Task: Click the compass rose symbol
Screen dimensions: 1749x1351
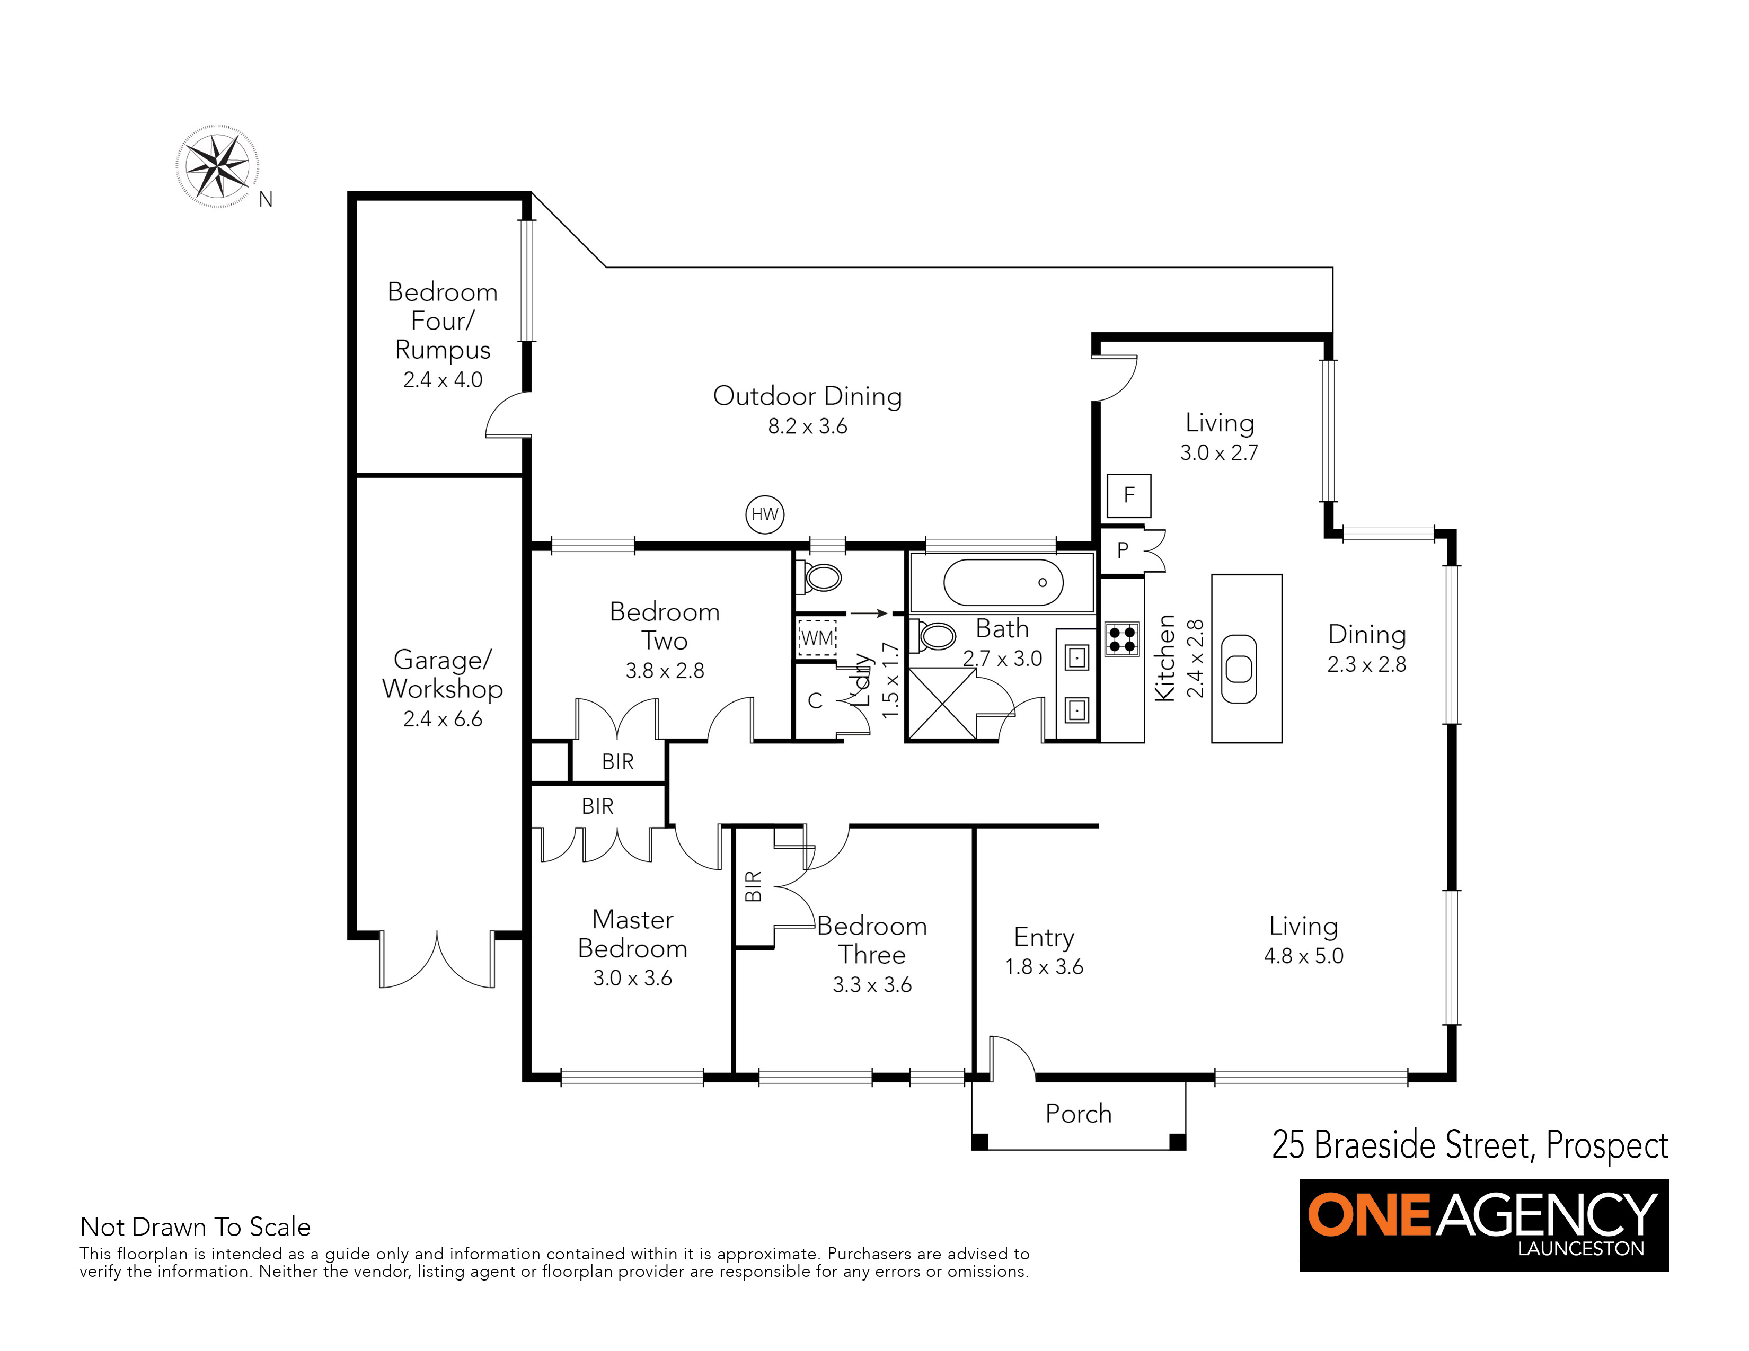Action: (217, 166)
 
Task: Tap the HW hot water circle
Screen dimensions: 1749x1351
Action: (765, 514)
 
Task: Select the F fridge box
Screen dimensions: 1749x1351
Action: (1129, 495)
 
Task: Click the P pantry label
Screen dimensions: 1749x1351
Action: (1123, 550)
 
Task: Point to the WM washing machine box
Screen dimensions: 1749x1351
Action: (817, 638)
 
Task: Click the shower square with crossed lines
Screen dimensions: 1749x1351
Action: (942, 704)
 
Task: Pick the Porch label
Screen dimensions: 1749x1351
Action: (1079, 1113)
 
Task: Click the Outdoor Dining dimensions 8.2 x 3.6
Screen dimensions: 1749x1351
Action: (807, 426)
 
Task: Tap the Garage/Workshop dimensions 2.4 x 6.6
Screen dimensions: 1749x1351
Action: (443, 719)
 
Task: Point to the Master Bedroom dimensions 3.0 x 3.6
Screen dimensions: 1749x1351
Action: (633, 978)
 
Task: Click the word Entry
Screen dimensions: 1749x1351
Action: (1044, 937)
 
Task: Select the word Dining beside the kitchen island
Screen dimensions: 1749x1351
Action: (1367, 635)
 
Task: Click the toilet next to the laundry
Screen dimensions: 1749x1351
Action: (818, 577)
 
